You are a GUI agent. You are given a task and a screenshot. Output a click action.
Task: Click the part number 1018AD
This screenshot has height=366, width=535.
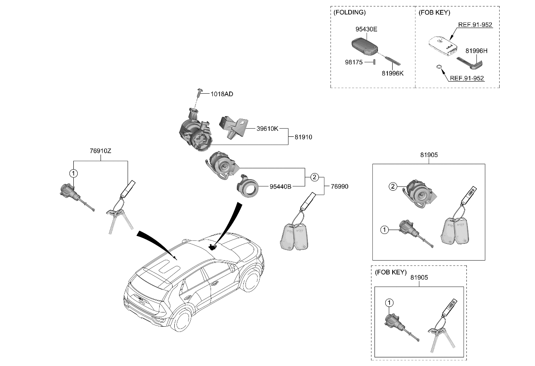(x=222, y=94)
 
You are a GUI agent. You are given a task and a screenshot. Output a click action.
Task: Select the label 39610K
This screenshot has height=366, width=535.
(x=267, y=129)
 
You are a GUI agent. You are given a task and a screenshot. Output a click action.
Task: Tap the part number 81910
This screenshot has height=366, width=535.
(x=303, y=137)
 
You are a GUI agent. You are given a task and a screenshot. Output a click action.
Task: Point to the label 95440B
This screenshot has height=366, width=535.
(x=281, y=186)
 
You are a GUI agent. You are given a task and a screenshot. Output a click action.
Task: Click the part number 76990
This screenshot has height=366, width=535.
(x=340, y=186)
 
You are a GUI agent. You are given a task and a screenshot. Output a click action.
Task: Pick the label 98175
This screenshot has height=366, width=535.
(x=354, y=63)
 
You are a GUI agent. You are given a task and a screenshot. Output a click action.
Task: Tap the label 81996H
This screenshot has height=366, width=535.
(x=476, y=51)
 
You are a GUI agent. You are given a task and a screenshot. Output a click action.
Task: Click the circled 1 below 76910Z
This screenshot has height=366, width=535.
(x=74, y=174)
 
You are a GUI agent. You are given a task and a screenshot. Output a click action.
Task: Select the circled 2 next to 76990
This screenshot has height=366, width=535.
(x=315, y=177)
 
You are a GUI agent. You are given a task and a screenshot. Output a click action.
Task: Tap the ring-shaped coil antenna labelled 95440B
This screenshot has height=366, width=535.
(x=248, y=187)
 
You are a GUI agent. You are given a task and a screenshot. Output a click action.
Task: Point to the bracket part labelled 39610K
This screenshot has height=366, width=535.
(x=233, y=127)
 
